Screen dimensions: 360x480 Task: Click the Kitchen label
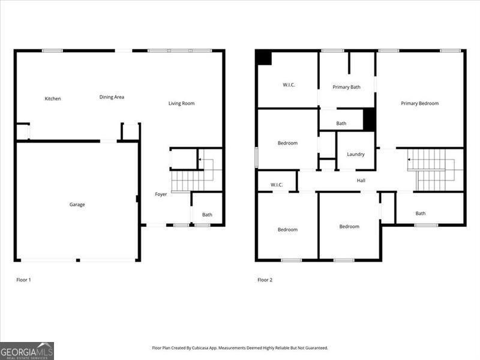click(53, 99)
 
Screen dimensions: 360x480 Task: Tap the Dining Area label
click(112, 97)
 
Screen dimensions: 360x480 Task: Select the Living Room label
click(181, 104)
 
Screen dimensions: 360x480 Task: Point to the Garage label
click(77, 205)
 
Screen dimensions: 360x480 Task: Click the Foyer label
click(161, 194)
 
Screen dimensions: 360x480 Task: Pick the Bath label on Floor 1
click(207, 215)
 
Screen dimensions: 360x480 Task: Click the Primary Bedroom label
click(419, 104)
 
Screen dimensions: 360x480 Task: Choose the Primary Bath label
click(347, 88)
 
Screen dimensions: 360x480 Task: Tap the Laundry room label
click(356, 155)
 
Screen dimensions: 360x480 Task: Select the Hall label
click(361, 181)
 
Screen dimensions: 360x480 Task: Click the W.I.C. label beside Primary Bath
click(289, 85)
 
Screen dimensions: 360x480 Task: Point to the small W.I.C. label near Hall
click(277, 185)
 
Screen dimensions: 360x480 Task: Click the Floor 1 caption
click(23, 280)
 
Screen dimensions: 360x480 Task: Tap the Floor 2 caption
click(265, 280)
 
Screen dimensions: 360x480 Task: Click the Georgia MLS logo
click(27, 350)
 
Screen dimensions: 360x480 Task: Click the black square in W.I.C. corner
click(263, 58)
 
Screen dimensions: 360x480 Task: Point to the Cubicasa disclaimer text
click(240, 348)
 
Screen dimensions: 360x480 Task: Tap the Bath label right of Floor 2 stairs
click(421, 214)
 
